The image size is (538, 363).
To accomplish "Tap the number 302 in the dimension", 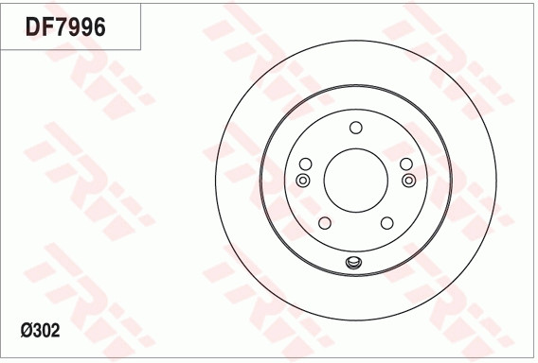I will click(x=47, y=331).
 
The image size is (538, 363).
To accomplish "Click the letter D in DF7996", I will click(x=32, y=27).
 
